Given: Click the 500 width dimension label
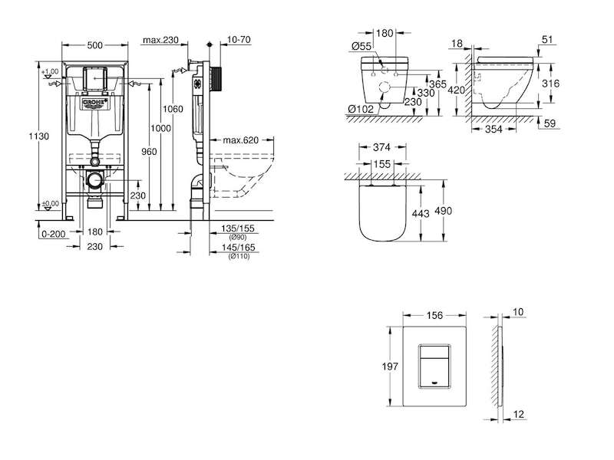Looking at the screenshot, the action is click(x=94, y=45).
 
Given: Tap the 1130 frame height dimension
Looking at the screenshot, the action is click(x=39, y=136).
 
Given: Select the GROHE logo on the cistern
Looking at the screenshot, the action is click(x=94, y=103).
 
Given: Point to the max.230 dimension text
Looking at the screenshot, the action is click(x=160, y=40).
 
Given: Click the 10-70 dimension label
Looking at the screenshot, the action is click(x=239, y=40).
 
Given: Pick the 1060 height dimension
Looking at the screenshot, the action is click(x=173, y=109).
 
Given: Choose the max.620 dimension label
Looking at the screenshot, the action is click(x=241, y=140).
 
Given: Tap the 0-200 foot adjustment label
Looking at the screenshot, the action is click(x=53, y=234).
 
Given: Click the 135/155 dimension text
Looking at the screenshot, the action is click(x=238, y=228).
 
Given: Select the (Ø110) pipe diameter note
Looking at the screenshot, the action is click(x=239, y=257).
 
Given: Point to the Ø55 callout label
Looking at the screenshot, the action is click(x=361, y=46).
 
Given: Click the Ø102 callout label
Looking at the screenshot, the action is click(x=361, y=109).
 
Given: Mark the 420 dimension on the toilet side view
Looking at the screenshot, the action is click(x=456, y=90).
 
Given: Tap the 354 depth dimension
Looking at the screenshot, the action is click(x=494, y=129).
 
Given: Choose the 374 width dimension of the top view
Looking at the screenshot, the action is click(x=381, y=147).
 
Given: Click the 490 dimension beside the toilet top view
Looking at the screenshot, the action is click(x=444, y=211).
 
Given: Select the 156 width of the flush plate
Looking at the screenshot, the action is click(x=434, y=315).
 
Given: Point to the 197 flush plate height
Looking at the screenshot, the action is click(x=390, y=366).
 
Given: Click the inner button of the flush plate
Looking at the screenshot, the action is click(x=434, y=366).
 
